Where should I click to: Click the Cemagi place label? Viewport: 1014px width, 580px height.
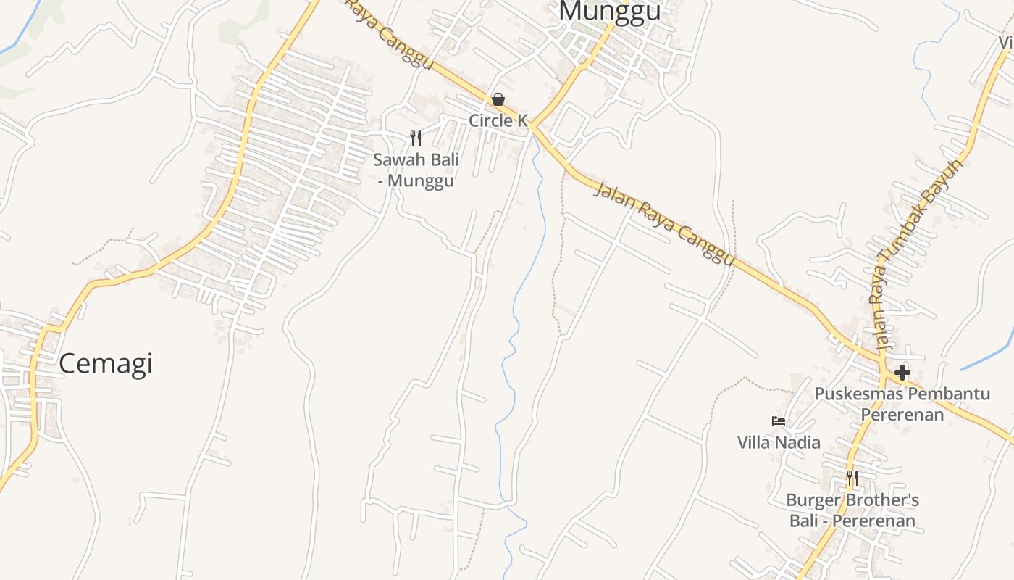click(106, 363)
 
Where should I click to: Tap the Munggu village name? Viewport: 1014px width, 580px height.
click(610, 12)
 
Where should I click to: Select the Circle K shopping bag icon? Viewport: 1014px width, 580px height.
click(498, 99)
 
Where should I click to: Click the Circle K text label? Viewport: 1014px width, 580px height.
click(498, 120)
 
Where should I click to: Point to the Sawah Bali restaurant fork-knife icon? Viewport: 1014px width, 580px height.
click(416, 138)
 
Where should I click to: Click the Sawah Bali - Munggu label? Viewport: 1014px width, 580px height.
click(416, 170)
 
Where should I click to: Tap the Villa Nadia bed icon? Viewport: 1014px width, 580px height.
click(779, 421)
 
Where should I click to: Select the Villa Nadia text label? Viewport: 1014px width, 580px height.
click(779, 442)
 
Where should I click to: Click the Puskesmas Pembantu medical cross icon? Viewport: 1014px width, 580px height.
click(902, 373)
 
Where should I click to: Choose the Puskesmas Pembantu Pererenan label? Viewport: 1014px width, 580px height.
click(902, 404)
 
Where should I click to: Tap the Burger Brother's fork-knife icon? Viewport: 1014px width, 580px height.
click(852, 478)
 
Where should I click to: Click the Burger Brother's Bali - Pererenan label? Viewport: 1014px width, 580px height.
click(852, 510)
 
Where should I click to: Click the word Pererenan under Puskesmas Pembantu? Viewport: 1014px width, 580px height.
click(902, 415)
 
